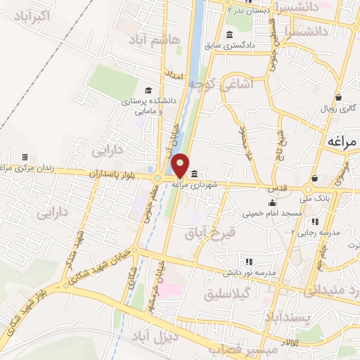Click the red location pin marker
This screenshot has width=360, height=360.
[x=181, y=165]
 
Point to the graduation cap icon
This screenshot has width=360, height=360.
[x=148, y=90]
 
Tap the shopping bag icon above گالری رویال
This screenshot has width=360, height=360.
[x=339, y=97]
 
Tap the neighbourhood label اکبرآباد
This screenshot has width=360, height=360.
[x=32, y=14]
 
